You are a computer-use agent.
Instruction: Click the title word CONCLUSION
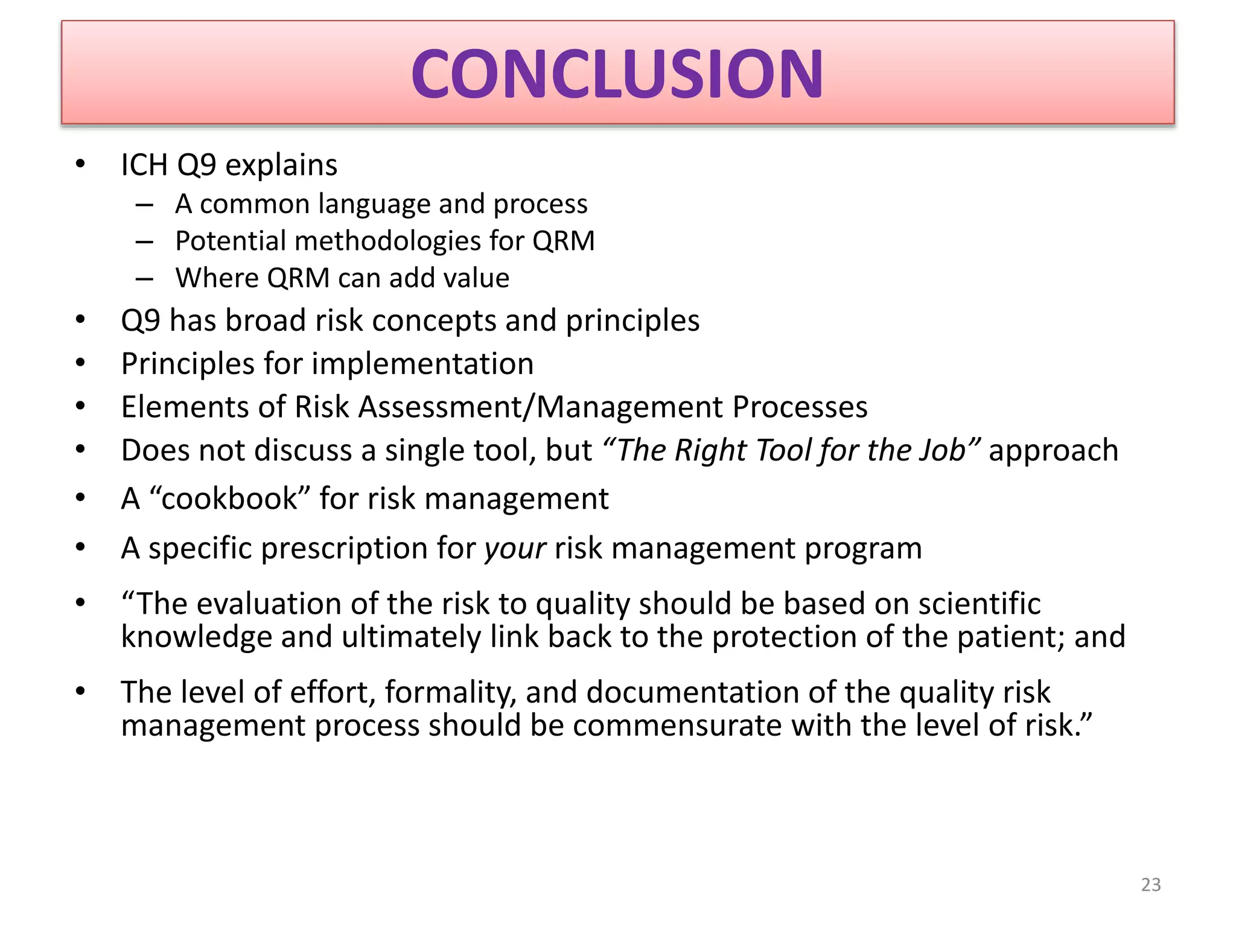tap(617, 74)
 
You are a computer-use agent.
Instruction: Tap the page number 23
tap(1150, 884)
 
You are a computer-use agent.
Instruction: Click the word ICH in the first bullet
tap(144, 165)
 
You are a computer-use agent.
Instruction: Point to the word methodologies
tap(387, 241)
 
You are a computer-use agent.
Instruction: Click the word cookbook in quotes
tap(229, 499)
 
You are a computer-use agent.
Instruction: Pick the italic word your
tap(515, 549)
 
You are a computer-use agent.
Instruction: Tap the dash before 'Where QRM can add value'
tap(145, 279)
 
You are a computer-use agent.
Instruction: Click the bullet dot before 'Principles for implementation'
tap(81, 363)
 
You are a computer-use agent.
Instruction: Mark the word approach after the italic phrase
tap(1053, 451)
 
